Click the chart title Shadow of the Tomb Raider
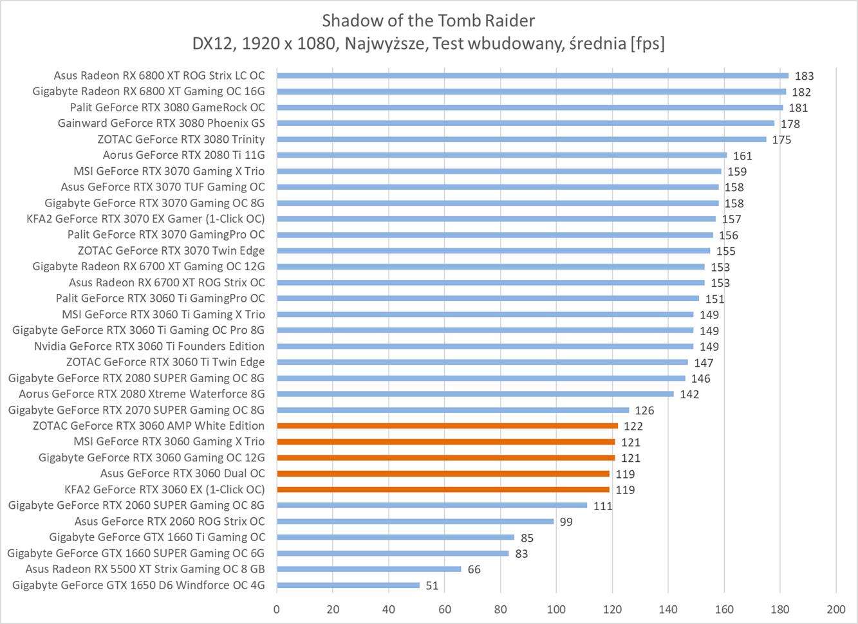(428, 21)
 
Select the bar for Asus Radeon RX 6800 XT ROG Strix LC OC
(532, 75)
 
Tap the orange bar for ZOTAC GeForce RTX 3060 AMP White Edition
(447, 426)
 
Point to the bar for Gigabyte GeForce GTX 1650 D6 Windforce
(348, 585)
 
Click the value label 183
(804, 76)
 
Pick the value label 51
(432, 585)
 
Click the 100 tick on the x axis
(556, 609)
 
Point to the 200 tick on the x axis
(835, 609)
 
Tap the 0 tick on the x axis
(277, 609)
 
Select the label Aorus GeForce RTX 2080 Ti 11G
(183, 155)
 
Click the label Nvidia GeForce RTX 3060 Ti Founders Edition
(149, 346)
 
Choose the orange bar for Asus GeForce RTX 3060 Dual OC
(443, 473)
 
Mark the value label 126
(644, 410)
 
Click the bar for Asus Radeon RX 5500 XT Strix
(369, 569)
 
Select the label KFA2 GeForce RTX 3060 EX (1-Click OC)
(165, 490)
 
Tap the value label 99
(566, 522)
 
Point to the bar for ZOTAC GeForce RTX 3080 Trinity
(521, 139)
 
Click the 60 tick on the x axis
(445, 609)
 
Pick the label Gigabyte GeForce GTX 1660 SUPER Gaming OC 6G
(136, 553)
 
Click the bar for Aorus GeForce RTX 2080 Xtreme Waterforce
(475, 394)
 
